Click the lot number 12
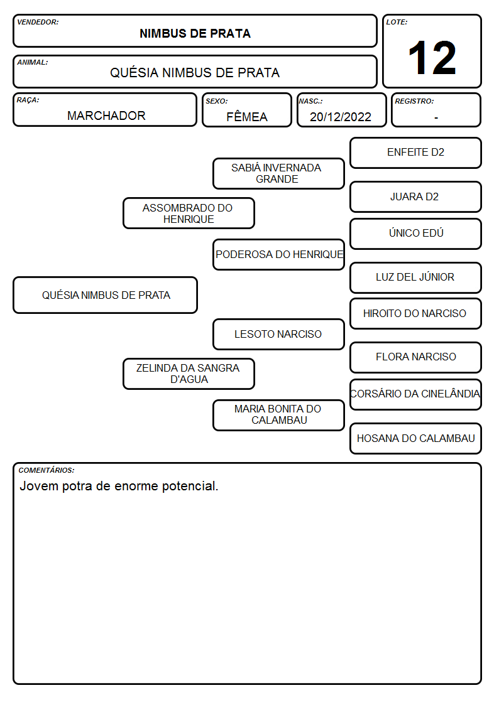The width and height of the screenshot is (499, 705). [432, 58]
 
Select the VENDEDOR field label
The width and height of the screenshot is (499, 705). [38, 22]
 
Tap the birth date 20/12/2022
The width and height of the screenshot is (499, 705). [341, 117]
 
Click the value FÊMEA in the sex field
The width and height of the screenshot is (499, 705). [247, 117]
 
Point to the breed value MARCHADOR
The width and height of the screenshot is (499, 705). [106, 116]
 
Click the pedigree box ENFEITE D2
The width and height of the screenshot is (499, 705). [416, 153]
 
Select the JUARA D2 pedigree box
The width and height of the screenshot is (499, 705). [416, 197]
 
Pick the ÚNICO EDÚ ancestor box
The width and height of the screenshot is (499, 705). [416, 234]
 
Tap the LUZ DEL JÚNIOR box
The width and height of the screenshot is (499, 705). [416, 277]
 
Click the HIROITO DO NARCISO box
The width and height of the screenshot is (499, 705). [416, 314]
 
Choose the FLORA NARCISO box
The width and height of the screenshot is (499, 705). [416, 357]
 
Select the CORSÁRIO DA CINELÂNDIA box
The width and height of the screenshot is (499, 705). [416, 394]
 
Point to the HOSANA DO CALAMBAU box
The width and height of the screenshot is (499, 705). [416, 438]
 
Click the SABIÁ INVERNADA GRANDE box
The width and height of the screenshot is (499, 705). [278, 173]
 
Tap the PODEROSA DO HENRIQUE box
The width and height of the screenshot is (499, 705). [278, 254]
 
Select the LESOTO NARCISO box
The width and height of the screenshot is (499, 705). [278, 334]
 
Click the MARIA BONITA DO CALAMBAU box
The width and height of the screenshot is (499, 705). [278, 415]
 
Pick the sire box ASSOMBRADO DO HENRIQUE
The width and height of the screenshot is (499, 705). [189, 213]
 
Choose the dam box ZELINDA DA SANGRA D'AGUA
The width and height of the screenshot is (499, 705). [189, 374]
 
